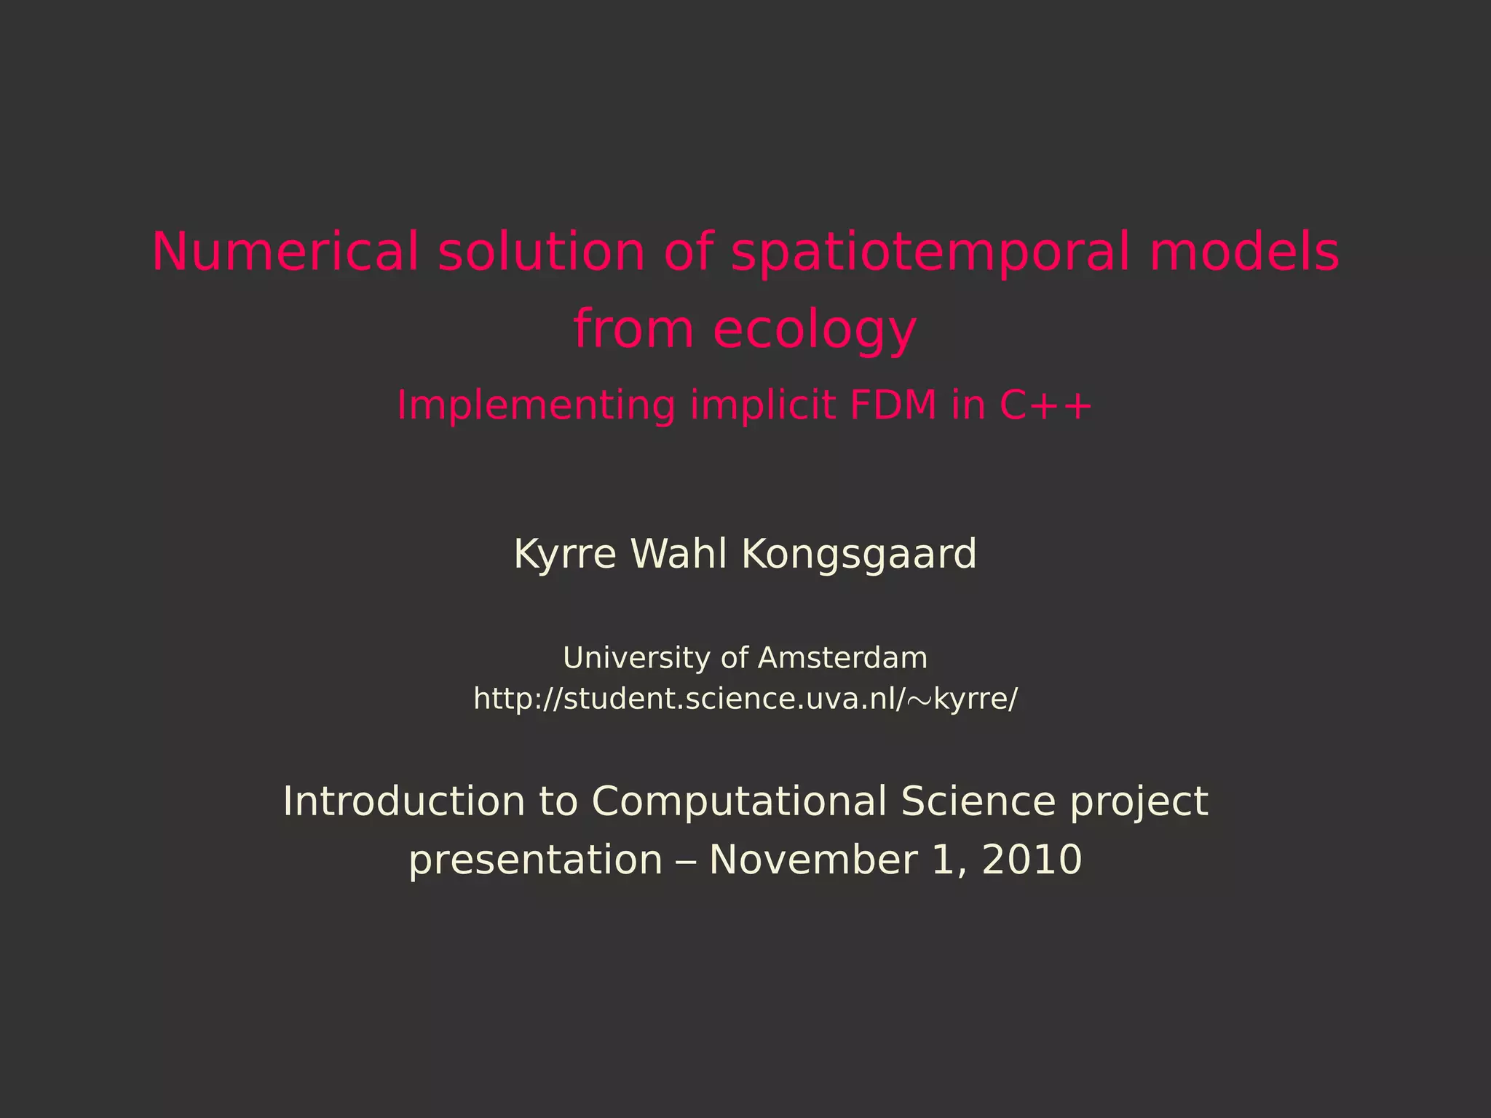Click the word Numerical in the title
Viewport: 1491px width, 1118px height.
285,251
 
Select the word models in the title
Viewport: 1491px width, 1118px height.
1244,251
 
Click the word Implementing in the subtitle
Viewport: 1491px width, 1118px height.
536,405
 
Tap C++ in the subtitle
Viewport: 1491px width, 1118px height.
1045,405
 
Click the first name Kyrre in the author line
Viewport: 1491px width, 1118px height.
565,554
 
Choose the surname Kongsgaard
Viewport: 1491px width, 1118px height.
858,555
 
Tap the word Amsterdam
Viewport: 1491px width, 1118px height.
842,658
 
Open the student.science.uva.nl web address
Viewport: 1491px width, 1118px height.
745,699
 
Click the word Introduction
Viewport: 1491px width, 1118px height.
403,801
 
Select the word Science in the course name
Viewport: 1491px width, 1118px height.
978,801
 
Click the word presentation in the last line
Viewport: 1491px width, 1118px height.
535,860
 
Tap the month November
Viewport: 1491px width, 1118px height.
812,860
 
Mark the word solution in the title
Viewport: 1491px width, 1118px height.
541,251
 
